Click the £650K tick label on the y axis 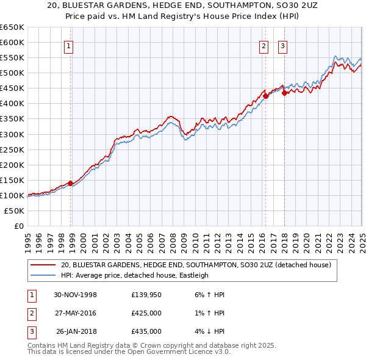tap(12, 27)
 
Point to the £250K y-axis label tap(12, 149)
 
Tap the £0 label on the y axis tap(18, 226)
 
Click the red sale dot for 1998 tap(71, 182)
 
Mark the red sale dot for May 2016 tap(266, 95)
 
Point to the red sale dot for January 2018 tap(285, 92)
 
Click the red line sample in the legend tap(44, 265)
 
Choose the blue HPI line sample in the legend tap(44, 275)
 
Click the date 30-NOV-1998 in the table tap(75, 295)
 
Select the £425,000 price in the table tap(146, 313)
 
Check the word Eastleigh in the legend tap(191, 275)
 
